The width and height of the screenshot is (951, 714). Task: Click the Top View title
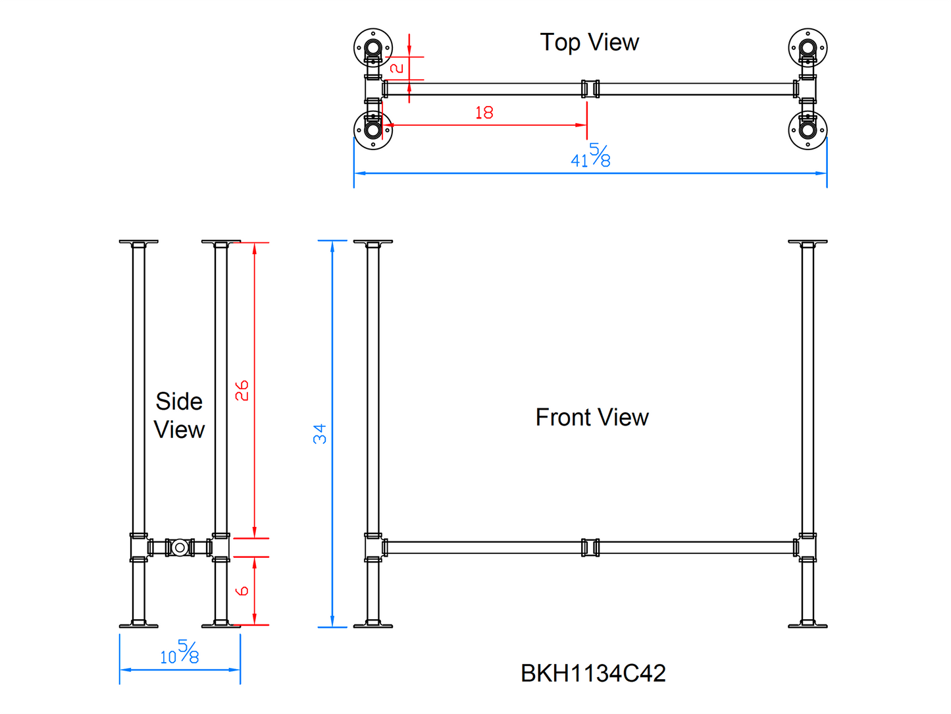pos(589,43)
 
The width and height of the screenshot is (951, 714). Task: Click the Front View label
pos(592,418)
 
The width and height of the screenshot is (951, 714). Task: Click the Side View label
pos(179,416)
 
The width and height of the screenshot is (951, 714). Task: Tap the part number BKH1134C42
pos(593,673)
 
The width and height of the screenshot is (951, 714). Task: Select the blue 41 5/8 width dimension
pos(590,157)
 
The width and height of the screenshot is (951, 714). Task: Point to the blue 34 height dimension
pos(320,433)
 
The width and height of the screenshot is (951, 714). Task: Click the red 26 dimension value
pos(242,390)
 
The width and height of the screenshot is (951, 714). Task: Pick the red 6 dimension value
pos(242,591)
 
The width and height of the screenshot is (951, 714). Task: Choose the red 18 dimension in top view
pos(484,113)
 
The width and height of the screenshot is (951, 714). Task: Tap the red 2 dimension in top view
pos(397,68)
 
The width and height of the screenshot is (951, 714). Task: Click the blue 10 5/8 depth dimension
pos(179,653)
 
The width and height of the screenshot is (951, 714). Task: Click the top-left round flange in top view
pos(373,48)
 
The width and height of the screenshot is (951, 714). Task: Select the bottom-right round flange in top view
pos(808,130)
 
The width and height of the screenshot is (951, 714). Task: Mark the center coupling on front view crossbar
pos(590,547)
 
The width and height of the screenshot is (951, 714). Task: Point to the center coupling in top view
pos(590,89)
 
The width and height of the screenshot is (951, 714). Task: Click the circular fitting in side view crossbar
pos(179,547)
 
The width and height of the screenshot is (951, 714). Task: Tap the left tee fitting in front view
pos(374,547)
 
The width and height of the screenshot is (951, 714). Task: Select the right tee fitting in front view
pos(807,547)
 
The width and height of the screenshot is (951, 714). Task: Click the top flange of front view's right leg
pos(808,242)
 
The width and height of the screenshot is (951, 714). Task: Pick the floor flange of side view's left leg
pos(138,624)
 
